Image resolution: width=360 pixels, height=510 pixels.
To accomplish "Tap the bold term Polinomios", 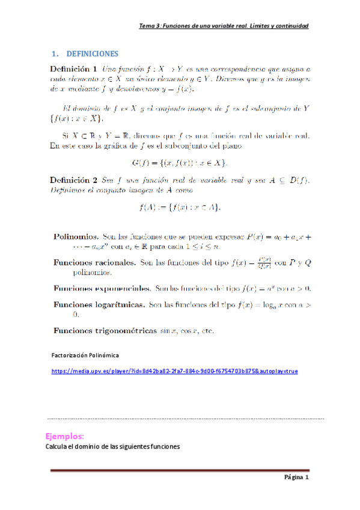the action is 76,237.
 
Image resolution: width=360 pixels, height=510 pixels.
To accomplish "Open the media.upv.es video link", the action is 174,371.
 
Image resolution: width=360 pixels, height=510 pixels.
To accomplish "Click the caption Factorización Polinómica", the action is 85,355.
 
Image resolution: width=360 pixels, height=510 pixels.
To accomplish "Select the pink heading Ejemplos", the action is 64,435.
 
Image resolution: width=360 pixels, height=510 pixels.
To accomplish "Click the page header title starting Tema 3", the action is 224,26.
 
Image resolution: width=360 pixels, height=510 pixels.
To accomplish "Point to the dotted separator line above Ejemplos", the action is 185,418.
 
